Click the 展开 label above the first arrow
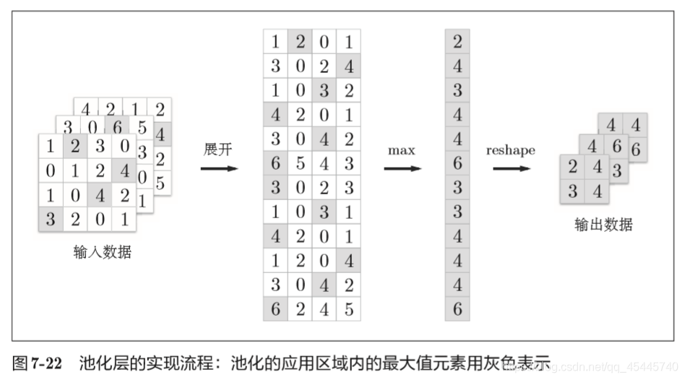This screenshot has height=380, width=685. tap(217, 150)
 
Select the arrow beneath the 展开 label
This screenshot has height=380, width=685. tap(218, 169)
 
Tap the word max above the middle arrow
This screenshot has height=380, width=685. tap(402, 150)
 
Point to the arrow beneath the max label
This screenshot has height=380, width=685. tap(402, 169)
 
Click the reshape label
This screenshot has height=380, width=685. tap(510, 150)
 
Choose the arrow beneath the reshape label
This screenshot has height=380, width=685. tap(512, 169)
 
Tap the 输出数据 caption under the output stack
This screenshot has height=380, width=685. tap(603, 225)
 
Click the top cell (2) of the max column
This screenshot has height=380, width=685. tap(457, 42)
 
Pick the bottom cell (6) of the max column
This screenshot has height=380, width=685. tap(457, 308)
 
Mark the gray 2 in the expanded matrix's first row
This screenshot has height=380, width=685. tap(300, 42)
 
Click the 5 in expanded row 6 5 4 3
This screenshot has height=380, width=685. tap(300, 163)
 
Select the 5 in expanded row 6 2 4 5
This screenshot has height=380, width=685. tap(348, 308)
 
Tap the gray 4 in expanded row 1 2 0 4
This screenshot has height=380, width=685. tap(348, 260)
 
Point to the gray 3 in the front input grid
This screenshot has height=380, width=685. tap(51, 220)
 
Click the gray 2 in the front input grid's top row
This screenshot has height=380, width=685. tap(75, 146)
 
